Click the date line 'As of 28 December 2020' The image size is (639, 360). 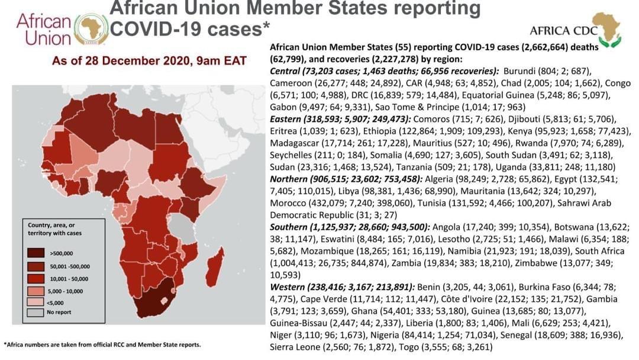[x=149, y=61]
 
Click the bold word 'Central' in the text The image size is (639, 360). [x=285, y=70]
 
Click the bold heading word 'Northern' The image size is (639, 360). [x=289, y=178]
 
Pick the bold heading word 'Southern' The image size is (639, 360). [x=289, y=226]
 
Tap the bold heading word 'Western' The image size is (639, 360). [x=288, y=287]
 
